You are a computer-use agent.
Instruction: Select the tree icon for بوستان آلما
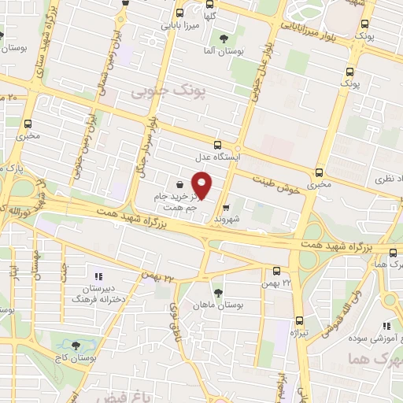[x=224, y=38]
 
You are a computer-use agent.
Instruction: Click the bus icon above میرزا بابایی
[x=180, y=13]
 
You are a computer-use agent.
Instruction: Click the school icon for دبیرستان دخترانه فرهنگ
[x=98, y=276]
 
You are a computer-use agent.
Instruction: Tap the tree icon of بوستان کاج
[x=76, y=345]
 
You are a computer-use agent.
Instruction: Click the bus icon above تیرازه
[x=298, y=320]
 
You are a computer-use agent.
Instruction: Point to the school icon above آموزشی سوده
[x=386, y=326]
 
